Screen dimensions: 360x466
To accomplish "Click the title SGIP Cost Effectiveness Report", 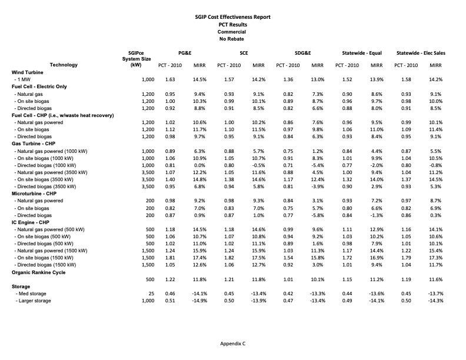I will click(232, 17).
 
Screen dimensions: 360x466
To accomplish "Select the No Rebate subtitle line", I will click(232, 38).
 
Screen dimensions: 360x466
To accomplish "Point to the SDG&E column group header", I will click(299, 53).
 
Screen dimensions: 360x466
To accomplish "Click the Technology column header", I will click(64, 65).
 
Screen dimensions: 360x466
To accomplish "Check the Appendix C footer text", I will click(232, 343).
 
